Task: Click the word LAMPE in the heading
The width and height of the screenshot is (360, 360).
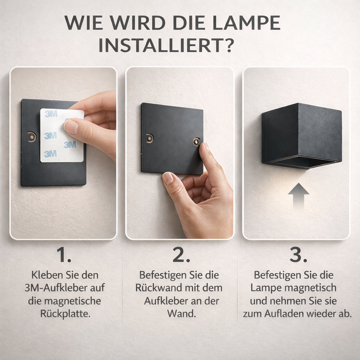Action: point(246,23)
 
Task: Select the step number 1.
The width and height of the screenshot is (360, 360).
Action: point(64,255)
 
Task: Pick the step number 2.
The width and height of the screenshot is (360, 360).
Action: point(181,255)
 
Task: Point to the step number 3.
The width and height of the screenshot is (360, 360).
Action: point(298,255)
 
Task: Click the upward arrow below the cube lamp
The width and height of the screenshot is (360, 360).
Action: point(298,196)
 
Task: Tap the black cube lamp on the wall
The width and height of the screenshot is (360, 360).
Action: point(302,135)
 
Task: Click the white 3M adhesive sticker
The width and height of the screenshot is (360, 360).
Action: point(62,135)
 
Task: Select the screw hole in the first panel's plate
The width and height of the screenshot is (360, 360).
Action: point(32,137)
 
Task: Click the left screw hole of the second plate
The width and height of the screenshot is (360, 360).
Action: point(150,138)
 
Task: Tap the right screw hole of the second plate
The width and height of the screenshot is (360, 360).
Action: point(197,142)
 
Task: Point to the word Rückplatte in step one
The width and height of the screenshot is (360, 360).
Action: point(65,314)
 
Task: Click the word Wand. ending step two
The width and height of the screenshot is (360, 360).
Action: point(181,314)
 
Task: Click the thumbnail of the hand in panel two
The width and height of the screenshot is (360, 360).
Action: point(168,179)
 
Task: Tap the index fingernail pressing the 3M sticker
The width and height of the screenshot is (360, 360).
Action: point(71,127)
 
